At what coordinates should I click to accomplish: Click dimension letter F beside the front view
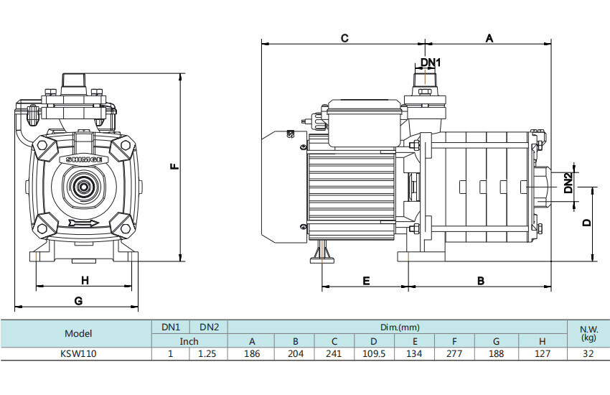pyautogui.click(x=174, y=167)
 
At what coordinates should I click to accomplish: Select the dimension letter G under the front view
pyautogui.click(x=78, y=300)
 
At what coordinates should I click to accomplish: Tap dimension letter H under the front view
pyautogui.click(x=84, y=279)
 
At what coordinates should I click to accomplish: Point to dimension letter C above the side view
pyautogui.click(x=344, y=38)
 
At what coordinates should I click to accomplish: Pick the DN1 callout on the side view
pyautogui.click(x=431, y=62)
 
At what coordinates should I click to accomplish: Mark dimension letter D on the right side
pyautogui.click(x=587, y=223)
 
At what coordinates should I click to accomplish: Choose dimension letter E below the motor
pyautogui.click(x=366, y=281)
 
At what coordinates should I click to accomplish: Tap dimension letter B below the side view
pyautogui.click(x=481, y=281)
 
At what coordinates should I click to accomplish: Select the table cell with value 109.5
pyautogui.click(x=373, y=353)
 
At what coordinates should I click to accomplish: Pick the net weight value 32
pyautogui.click(x=588, y=353)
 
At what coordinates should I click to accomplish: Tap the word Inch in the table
pyautogui.click(x=189, y=341)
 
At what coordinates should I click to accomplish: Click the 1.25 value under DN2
pyautogui.click(x=209, y=353)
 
